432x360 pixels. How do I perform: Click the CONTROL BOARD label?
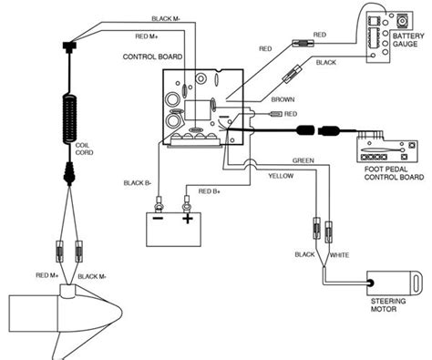coord(152,57)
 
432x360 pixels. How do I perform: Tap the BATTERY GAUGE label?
coord(408,40)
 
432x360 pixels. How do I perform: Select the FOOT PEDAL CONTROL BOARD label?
coord(394,173)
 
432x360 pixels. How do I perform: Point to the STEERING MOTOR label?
coord(388,305)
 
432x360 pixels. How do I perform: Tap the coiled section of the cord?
coord(70,119)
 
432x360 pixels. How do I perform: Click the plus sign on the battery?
coord(188,218)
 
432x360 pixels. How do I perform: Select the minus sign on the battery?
coord(158,218)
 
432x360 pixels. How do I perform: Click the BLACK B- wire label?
coord(138,183)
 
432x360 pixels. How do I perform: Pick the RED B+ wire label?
coord(210,191)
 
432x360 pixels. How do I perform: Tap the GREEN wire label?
coord(303,160)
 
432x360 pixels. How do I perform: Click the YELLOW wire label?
coord(281,176)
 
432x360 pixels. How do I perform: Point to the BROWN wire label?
coord(283,99)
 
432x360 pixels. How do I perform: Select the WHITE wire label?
coord(339,255)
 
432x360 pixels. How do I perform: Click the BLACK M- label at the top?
coord(166,19)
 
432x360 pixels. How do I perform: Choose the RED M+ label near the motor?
coord(47,275)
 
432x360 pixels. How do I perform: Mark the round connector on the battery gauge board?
coord(403,21)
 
